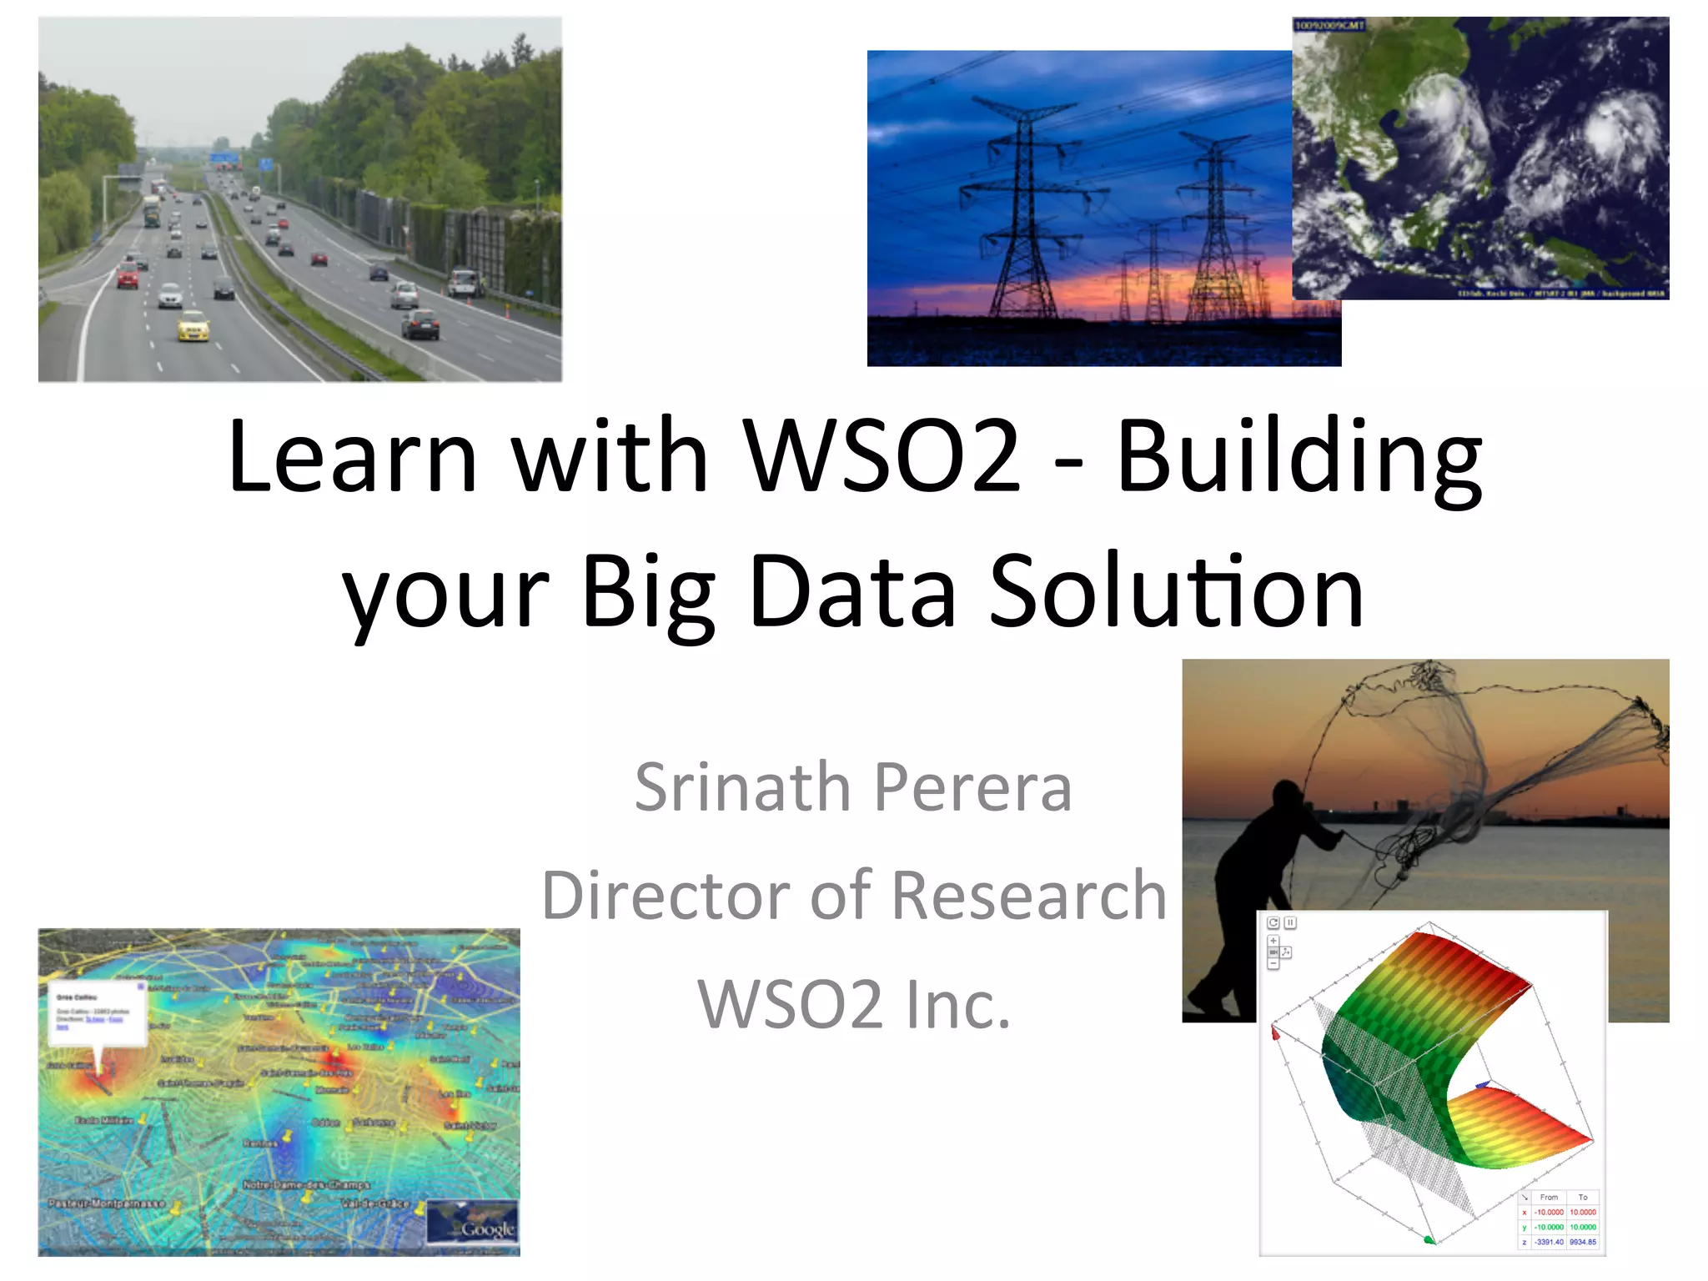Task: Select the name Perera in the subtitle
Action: point(972,787)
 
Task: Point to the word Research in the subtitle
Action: point(1029,896)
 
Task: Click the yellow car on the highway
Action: point(193,325)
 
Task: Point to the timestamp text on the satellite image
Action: point(1329,26)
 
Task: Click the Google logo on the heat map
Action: point(488,1229)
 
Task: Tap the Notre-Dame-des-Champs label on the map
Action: point(306,1184)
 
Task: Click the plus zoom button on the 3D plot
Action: point(1273,941)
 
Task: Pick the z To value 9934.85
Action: point(1582,1242)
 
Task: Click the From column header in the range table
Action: point(1549,1197)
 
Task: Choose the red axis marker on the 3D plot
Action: point(1275,1033)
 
